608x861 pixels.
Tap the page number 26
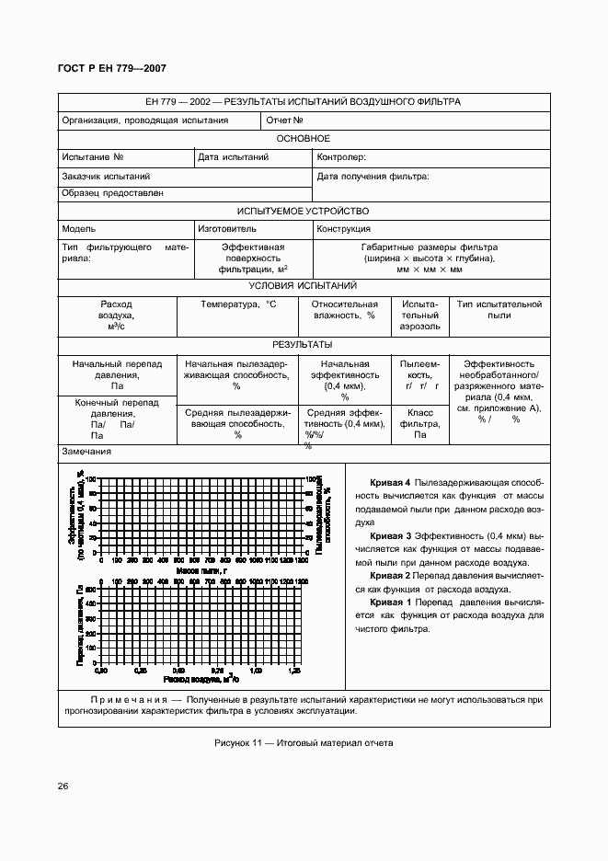click(63, 786)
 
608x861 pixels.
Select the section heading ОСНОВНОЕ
click(303, 138)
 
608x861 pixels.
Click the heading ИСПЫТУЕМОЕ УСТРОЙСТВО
click(303, 211)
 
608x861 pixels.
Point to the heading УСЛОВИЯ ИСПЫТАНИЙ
click(303, 286)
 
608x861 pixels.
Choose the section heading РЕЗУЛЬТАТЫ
click(303, 344)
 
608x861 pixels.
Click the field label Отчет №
click(285, 121)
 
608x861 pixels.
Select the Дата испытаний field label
click(234, 157)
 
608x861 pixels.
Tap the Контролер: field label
click(341, 157)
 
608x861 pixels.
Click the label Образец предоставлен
click(113, 193)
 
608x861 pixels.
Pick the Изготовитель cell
click(227, 229)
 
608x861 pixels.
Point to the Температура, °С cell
click(238, 304)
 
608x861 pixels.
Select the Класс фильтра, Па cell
click(420, 424)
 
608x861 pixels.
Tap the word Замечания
click(86, 452)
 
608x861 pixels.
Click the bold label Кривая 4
click(389, 483)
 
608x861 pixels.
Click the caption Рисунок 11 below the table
click(303, 743)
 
